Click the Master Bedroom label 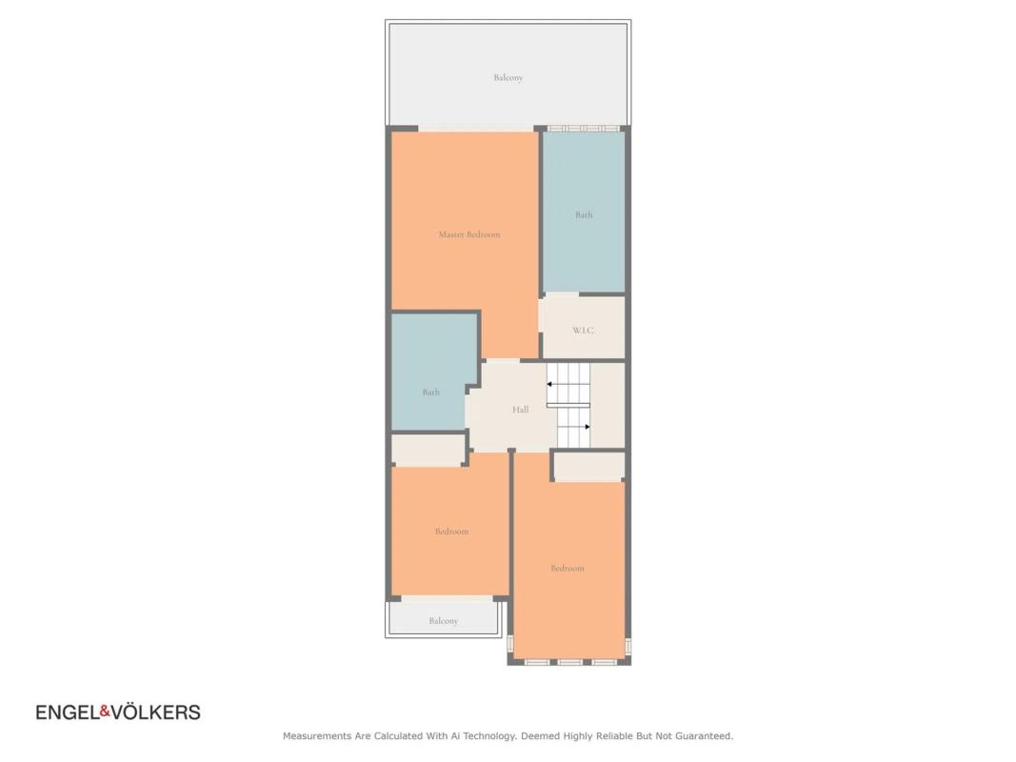tap(469, 234)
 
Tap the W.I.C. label tap(583, 331)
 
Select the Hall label tap(520, 410)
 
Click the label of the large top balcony tap(508, 78)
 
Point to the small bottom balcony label tap(443, 621)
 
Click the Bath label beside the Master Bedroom tap(584, 214)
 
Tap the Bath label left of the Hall tap(431, 392)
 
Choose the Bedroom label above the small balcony tap(451, 531)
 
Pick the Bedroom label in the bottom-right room tap(568, 569)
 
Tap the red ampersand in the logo tap(105, 712)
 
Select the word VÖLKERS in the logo tap(155, 712)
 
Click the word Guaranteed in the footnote tap(704, 736)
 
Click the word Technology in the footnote tap(486, 736)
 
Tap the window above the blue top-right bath tap(583, 129)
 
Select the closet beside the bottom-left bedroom tap(428, 449)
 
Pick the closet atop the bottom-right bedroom tap(589, 466)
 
